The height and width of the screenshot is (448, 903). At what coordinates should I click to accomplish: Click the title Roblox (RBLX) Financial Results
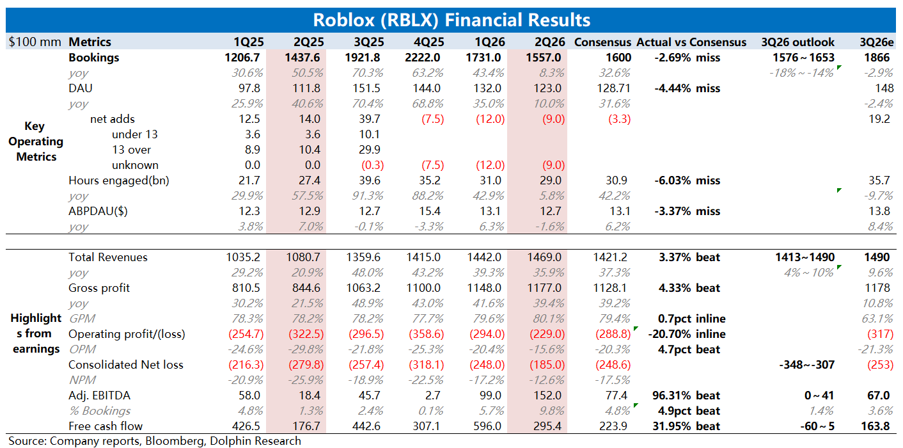(452, 20)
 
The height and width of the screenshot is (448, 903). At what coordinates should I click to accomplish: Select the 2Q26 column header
(549, 42)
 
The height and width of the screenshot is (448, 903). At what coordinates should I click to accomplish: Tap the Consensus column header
(602, 42)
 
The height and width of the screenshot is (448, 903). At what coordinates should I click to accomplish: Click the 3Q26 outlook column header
(797, 42)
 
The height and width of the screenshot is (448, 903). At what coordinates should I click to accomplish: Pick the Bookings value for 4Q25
(423, 58)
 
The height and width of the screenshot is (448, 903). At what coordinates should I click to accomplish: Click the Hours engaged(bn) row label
(119, 180)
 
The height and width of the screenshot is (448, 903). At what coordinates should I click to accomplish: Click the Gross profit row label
(98, 288)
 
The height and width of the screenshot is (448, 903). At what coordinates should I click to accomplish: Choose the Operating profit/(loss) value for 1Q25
(246, 334)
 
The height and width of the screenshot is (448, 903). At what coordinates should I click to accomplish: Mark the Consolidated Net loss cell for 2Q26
(547, 364)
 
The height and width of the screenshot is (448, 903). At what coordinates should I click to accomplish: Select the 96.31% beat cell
(686, 395)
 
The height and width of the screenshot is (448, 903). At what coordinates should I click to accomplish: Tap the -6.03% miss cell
(687, 180)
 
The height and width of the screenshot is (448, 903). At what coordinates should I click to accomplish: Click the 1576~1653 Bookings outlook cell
(803, 58)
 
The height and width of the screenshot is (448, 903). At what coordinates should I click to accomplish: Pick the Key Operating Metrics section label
(35, 141)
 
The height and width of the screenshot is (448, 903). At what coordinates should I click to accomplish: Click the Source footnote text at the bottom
(154, 441)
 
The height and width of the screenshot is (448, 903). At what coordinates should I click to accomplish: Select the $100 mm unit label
(35, 42)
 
